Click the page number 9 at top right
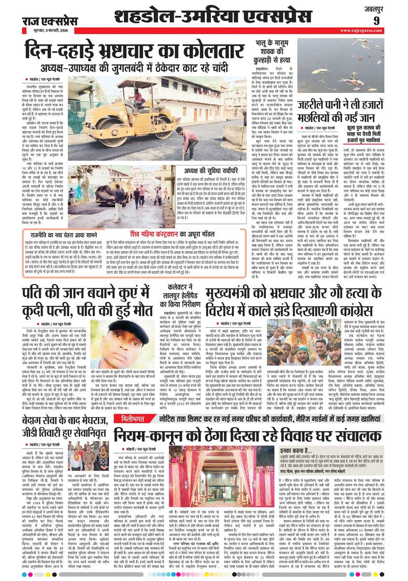[391, 21]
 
